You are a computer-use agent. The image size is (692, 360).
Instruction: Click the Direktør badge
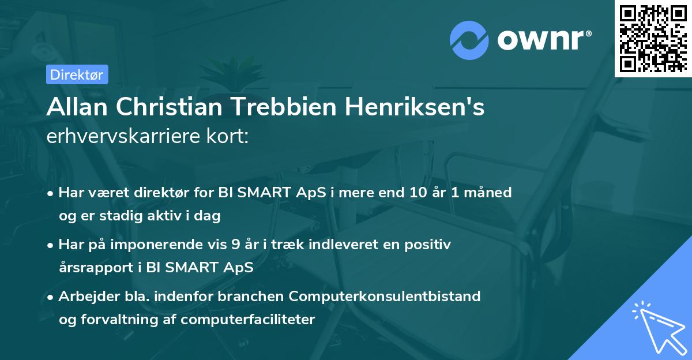pyautogui.click(x=77, y=74)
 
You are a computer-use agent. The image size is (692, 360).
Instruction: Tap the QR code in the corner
pyautogui.click(x=652, y=38)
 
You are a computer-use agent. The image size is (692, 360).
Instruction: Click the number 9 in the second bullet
pyautogui.click(x=235, y=244)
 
